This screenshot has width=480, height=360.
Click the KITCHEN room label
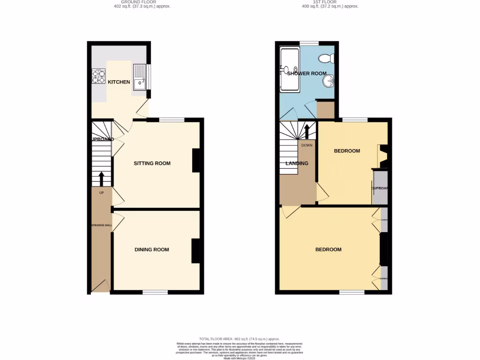pos(119,82)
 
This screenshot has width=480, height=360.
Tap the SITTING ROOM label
pos(152,164)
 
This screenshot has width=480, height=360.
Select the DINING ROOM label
pos(152,249)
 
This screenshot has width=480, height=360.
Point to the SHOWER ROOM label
pos(307,74)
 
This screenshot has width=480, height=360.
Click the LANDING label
pos(297,164)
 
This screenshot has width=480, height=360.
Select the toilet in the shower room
pos(325,59)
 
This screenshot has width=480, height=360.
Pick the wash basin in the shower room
pos(328,81)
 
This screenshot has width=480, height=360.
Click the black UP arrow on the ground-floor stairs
pos(102,179)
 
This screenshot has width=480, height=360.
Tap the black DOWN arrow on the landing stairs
pos(307,131)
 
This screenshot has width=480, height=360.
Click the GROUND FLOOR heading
pos(142,2)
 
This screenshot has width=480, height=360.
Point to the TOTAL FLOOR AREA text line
pos(240,339)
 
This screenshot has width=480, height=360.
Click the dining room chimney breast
pos(195,251)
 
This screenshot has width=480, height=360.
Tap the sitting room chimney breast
pos(195,160)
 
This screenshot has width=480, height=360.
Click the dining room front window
pos(155,292)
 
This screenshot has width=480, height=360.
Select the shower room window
pos(309,43)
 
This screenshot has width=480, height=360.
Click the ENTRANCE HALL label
pos(101,225)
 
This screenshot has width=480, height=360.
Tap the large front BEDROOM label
pos(328,249)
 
